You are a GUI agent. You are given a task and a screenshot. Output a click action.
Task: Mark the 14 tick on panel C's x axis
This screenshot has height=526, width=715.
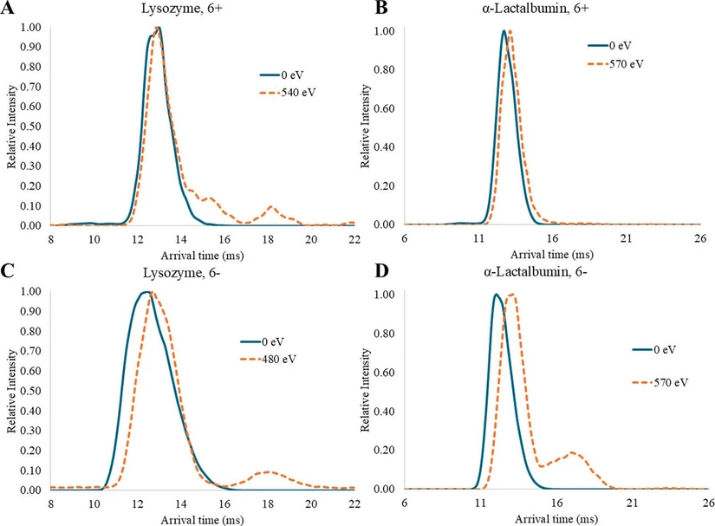(x=181, y=502)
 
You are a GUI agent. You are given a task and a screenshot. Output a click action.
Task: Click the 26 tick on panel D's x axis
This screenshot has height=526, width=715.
(x=707, y=502)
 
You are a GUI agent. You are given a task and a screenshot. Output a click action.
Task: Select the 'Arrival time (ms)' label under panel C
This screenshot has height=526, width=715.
(x=195, y=516)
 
